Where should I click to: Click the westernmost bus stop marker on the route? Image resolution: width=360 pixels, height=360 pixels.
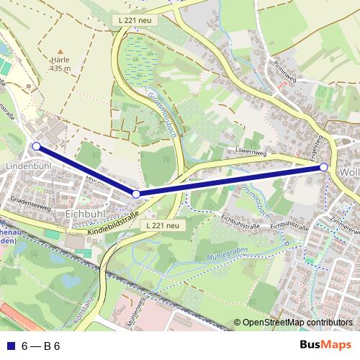pos(36,146)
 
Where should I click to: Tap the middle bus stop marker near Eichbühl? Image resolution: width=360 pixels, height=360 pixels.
pos(136,194)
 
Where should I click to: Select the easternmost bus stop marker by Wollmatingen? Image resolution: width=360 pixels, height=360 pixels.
pos(324,167)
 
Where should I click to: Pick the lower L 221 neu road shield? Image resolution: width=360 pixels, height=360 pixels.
pos(162,225)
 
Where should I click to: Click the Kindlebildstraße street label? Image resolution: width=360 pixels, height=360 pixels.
pos(115,226)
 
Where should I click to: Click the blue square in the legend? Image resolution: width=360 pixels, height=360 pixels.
pos(9,345)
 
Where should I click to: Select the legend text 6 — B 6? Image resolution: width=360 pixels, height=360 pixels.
pos(40,345)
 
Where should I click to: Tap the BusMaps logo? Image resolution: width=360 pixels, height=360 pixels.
pos(325,344)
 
